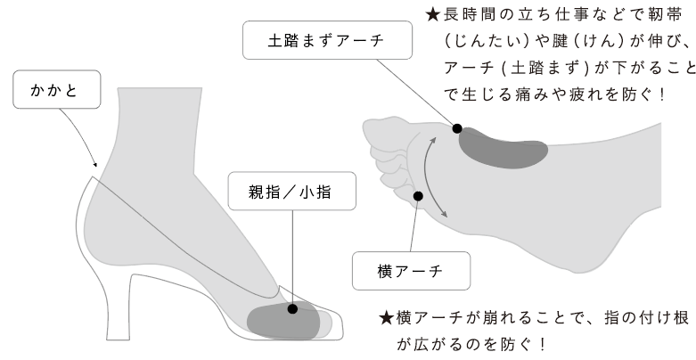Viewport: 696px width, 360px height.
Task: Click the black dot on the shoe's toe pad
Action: coord(291,308)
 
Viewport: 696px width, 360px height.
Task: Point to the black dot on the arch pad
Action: coord(457,129)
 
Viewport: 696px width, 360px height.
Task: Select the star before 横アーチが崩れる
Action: coord(386,318)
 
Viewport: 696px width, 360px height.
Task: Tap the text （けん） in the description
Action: coord(599,43)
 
